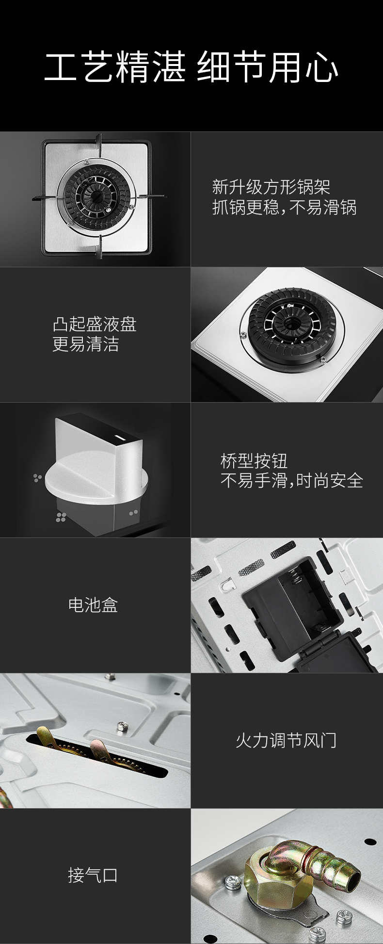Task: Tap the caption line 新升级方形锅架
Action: click(x=271, y=187)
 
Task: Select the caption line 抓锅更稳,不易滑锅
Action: click(x=285, y=208)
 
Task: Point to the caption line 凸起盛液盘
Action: click(x=95, y=324)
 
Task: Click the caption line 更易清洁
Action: click(x=86, y=344)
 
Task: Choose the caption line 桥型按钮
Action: click(x=254, y=460)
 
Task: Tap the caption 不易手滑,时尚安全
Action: click(x=292, y=481)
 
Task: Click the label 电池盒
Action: click(x=93, y=605)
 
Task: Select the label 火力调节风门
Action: click(x=286, y=740)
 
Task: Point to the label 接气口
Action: click(x=93, y=876)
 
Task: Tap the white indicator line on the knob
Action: click(x=120, y=439)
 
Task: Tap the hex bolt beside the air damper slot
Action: click(x=119, y=726)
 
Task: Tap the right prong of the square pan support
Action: click(x=150, y=196)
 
